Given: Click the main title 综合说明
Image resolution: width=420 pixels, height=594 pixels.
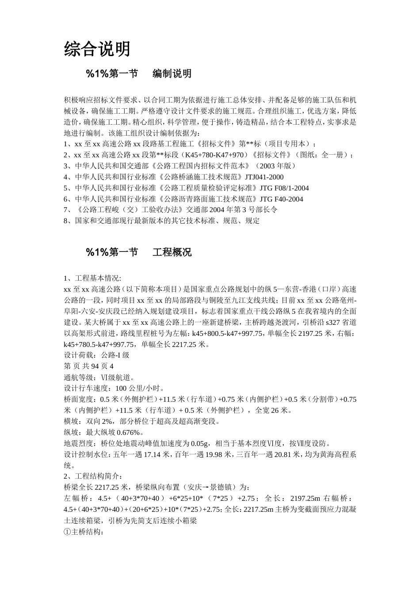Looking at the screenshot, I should click(97, 49).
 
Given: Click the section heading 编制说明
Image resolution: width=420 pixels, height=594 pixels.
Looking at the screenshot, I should click(172, 74).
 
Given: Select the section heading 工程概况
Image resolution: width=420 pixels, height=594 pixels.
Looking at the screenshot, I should click(172, 252).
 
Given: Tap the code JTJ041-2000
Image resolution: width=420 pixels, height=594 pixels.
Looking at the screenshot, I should click(264, 177).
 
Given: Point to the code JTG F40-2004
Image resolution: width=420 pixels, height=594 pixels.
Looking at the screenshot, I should click(281, 199).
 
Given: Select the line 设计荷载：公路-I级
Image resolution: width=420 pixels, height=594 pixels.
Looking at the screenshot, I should click(96, 355).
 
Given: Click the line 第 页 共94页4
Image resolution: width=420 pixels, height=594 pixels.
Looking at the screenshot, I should click(88, 366).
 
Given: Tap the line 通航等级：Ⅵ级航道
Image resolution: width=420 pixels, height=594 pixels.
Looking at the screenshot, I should click(99, 377).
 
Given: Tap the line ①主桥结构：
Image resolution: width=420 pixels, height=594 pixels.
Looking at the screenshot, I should click(84, 532).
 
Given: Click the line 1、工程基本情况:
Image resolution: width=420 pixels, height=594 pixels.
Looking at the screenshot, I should click(92, 278).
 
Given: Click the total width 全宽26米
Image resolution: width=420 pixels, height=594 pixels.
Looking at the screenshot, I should click(274, 410).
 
